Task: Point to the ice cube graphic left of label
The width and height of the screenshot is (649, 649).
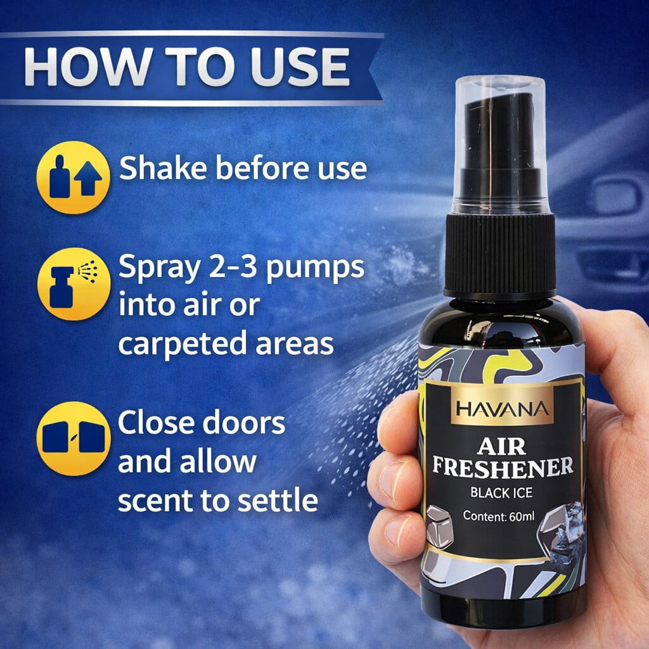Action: (439, 525)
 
